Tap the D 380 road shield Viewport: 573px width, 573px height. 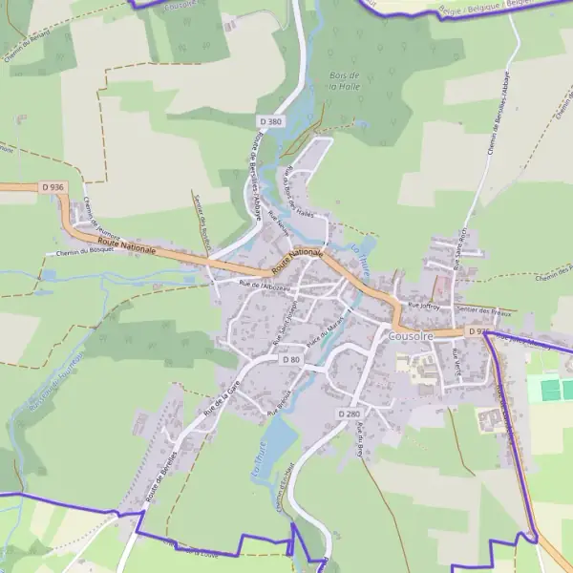[x=271, y=121]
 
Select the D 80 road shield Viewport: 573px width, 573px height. [x=291, y=360]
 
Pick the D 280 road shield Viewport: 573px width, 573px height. [x=349, y=414]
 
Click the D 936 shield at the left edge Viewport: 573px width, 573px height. [x=53, y=187]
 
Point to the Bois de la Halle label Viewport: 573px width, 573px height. [x=343, y=80]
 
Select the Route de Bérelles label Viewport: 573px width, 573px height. [x=161, y=476]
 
